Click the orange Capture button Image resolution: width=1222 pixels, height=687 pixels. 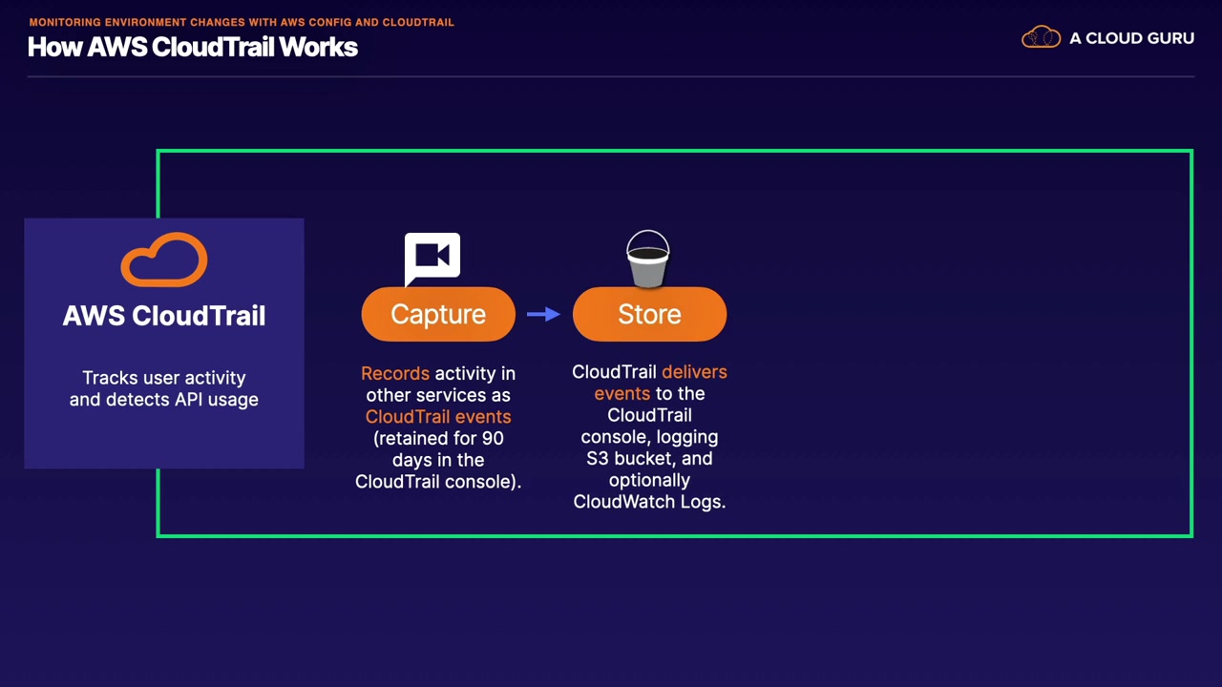[438, 314]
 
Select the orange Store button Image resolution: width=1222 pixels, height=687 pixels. [649, 314]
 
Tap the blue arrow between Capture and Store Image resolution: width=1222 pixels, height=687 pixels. [543, 314]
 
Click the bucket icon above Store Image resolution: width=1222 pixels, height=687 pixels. [647, 259]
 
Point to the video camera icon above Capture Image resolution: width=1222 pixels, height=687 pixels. [432, 259]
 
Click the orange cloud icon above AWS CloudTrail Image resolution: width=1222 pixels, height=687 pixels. [164, 260]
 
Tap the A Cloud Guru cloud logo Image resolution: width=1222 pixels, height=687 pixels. [1041, 37]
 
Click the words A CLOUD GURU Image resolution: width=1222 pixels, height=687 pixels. [1132, 38]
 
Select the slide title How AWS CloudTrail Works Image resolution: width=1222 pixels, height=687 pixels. [193, 47]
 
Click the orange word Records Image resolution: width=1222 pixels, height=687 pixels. [395, 373]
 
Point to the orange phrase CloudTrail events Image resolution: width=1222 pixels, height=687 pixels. [438, 417]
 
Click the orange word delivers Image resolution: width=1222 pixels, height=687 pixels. [694, 372]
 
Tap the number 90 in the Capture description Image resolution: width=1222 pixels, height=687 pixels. [493, 438]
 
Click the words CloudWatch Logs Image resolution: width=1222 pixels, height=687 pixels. [649, 502]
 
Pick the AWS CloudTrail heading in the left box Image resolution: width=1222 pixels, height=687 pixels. [164, 315]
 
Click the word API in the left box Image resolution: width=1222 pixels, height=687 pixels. [189, 400]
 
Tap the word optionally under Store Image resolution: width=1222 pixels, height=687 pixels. [649, 480]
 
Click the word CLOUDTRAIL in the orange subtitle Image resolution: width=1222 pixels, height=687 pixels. [418, 22]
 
